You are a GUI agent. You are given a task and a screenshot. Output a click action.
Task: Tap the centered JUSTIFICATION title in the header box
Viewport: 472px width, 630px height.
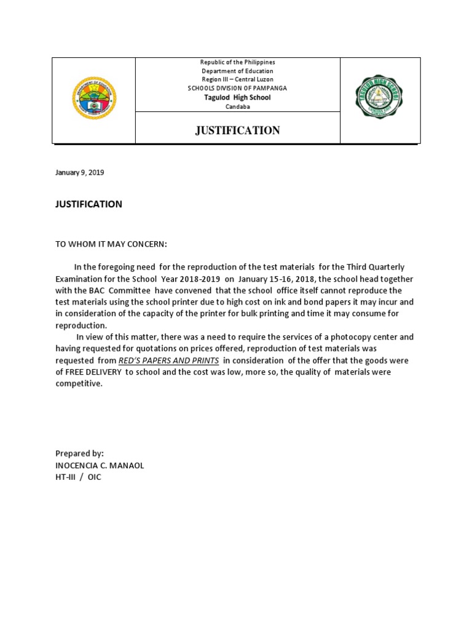point(237,130)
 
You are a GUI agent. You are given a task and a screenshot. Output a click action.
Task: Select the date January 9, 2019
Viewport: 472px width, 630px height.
point(80,173)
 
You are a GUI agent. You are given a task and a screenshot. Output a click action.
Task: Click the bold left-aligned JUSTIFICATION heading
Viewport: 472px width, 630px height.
point(89,204)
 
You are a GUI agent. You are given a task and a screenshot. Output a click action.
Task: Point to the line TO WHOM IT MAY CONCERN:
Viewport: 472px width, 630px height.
point(111,244)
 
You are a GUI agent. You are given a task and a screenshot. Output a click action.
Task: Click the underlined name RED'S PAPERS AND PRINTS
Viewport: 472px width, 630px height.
point(169,361)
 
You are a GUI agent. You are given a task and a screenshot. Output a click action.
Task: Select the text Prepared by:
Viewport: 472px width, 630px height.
point(80,453)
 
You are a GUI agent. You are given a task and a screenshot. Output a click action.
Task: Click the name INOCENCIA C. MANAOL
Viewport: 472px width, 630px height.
point(100,465)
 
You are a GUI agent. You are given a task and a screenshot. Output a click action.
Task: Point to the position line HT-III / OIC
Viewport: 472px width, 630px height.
point(79,477)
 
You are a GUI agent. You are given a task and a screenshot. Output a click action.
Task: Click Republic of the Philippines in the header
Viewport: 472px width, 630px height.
point(237,63)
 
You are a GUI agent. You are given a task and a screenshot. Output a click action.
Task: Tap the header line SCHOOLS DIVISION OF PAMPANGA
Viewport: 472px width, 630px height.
point(237,89)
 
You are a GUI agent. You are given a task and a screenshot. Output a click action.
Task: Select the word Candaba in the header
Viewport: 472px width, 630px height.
point(237,106)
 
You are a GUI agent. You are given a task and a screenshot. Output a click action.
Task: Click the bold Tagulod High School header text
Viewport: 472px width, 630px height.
point(237,98)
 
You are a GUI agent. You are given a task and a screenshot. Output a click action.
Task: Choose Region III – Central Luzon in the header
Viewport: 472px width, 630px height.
point(237,80)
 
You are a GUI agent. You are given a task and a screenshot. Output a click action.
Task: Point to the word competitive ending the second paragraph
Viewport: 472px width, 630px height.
point(79,384)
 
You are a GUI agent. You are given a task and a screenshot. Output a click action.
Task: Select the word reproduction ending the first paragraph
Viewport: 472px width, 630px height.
point(81,325)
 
